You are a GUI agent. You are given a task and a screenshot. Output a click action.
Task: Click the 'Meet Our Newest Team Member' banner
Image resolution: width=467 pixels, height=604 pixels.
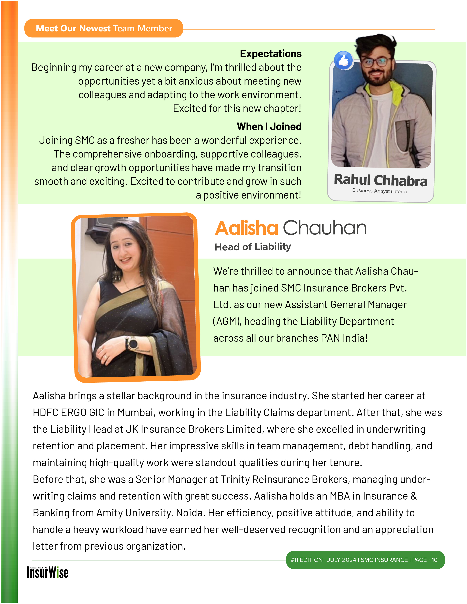pos(104,28)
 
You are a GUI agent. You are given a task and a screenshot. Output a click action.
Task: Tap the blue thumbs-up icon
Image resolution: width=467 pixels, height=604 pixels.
pos(343,60)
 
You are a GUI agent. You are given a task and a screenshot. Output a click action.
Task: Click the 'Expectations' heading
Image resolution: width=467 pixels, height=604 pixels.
pos(271,54)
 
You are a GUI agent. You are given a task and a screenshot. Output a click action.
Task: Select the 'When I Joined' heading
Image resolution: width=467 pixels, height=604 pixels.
pos(269,127)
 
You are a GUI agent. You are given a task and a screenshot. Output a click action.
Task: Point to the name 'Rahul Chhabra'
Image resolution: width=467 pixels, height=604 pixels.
pos(380,180)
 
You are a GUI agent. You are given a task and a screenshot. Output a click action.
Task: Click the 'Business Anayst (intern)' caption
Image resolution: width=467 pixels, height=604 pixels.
pos(379,191)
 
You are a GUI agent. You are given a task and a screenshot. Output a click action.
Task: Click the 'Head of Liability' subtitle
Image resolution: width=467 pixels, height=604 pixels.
pos(253,247)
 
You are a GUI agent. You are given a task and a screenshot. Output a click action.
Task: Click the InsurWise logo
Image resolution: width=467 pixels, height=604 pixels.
pos(48,572)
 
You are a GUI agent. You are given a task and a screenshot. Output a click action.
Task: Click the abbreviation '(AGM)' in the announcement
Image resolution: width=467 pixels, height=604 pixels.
pos(227,321)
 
